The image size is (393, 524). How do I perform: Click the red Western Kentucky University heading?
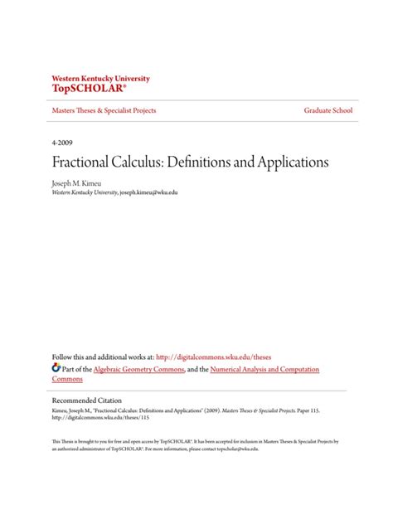[x=100, y=78]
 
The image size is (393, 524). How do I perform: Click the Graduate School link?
[x=328, y=110]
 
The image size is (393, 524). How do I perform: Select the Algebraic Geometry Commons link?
[x=136, y=369]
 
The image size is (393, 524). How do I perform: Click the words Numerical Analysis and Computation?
[x=264, y=369]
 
